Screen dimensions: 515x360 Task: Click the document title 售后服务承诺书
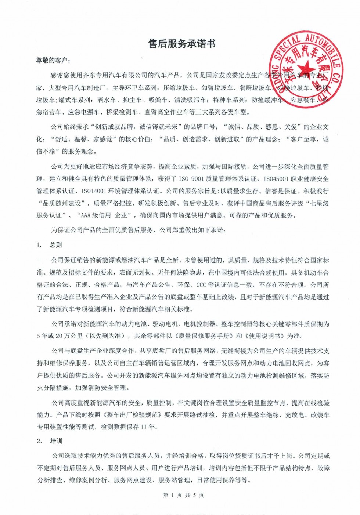[x=181, y=44]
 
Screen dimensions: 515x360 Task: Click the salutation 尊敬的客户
[x=52, y=60]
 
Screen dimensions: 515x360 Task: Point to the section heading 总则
[x=56, y=245]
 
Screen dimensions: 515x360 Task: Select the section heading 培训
[x=56, y=441]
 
